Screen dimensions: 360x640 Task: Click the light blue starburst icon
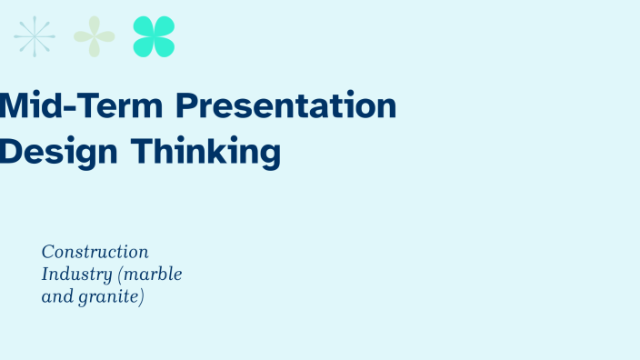click(35, 36)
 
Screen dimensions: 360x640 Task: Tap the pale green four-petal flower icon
click(95, 36)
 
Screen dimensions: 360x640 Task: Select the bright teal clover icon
click(154, 36)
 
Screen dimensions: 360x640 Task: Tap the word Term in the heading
click(123, 106)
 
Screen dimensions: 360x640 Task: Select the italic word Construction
click(95, 252)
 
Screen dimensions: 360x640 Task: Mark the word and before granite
click(56, 296)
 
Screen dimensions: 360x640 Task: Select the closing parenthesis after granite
click(143, 297)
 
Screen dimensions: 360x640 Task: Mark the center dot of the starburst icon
click(35, 36)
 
